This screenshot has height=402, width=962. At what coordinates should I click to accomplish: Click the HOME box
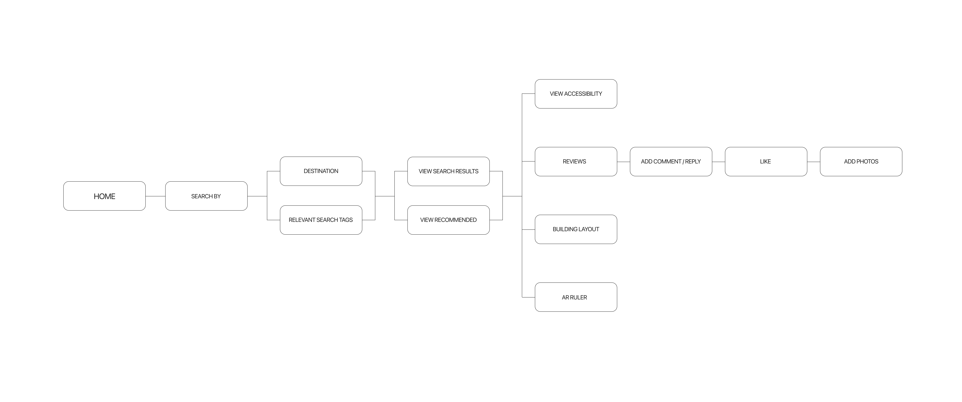(105, 196)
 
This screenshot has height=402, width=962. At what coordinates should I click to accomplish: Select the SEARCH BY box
(206, 196)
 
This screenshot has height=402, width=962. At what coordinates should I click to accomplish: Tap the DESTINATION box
(321, 171)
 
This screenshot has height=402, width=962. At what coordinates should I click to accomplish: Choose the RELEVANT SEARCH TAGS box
(321, 220)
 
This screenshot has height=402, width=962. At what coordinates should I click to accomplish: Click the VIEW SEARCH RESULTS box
(448, 171)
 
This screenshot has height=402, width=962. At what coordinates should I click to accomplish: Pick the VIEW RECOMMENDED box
(448, 220)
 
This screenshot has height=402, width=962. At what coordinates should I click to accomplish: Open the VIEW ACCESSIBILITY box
(576, 94)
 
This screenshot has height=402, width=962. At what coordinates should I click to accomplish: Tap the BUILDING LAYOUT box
(576, 229)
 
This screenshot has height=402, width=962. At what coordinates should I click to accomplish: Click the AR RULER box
(576, 297)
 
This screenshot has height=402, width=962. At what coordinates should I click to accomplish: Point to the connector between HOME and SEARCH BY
(155, 196)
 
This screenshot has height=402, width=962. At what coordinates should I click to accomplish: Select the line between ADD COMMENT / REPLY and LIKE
(718, 162)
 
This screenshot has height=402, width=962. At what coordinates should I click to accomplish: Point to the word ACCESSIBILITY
(583, 94)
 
